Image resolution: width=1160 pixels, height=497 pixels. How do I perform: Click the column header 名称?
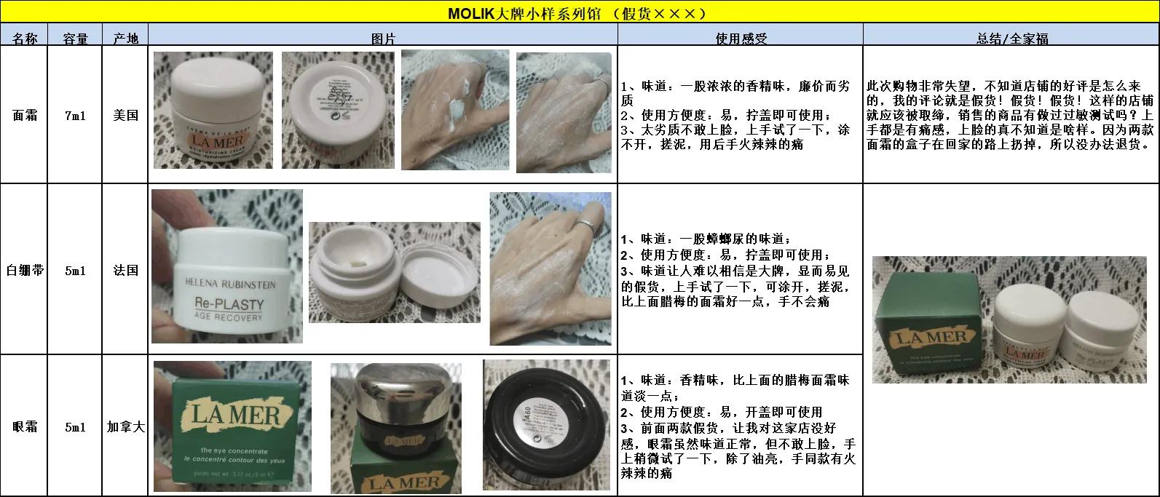coord(25,38)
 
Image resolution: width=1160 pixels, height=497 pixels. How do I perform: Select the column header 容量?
coord(75,38)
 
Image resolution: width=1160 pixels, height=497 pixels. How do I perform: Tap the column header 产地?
coord(125,38)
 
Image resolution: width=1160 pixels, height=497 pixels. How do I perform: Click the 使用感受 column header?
coord(741,38)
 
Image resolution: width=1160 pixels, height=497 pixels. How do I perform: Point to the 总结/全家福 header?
coord(1011,38)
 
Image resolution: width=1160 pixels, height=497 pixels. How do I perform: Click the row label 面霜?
coord(25,115)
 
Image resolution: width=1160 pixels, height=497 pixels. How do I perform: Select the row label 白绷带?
coord(25,270)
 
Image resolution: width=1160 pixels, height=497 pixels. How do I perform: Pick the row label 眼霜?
coord(25,426)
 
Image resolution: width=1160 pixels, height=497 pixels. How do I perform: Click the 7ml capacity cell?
coord(75,115)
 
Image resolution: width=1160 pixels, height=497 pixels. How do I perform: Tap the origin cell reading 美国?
coord(125,115)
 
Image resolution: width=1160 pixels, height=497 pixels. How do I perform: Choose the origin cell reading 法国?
coord(125,270)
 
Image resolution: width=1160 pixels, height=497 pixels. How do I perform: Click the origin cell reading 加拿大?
coord(125,426)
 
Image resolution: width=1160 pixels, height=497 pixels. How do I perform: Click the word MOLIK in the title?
coord(470,12)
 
